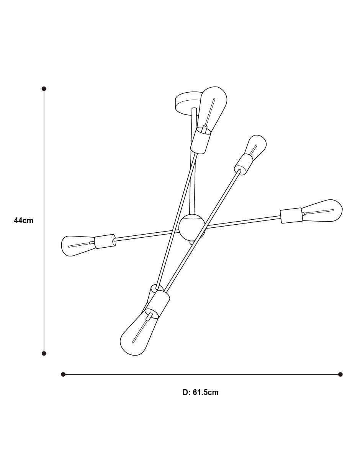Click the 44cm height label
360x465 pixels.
click(x=23, y=220)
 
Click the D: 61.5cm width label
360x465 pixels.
click(x=201, y=392)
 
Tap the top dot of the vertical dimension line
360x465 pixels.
click(x=44, y=88)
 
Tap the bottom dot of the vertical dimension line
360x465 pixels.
click(x=44, y=353)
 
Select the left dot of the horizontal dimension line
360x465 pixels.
click(x=63, y=374)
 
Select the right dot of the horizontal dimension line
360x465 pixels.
click(x=340, y=374)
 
